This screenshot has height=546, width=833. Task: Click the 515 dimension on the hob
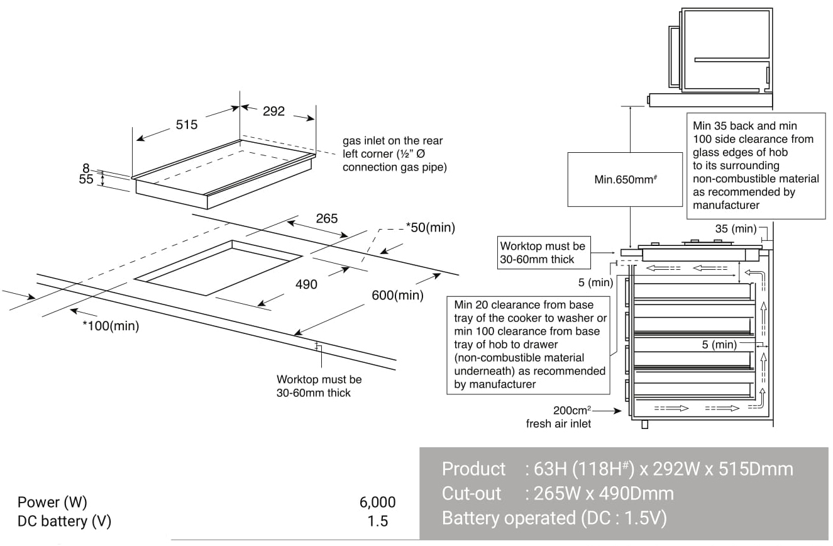(x=186, y=125)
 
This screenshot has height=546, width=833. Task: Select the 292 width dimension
(x=273, y=111)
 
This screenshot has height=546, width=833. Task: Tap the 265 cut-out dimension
(x=326, y=219)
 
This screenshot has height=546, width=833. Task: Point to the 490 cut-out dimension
(x=306, y=284)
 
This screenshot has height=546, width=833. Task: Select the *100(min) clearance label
(x=111, y=326)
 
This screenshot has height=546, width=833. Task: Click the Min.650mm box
(x=624, y=179)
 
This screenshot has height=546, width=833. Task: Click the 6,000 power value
(x=377, y=502)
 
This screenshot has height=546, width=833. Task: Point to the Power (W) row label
(x=52, y=502)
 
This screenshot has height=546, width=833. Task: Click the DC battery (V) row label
(x=65, y=521)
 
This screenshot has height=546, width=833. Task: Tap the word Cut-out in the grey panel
(x=472, y=494)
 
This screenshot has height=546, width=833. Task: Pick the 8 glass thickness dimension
(x=86, y=169)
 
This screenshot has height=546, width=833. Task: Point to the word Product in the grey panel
(x=473, y=469)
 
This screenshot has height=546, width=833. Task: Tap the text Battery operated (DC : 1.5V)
(x=554, y=518)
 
